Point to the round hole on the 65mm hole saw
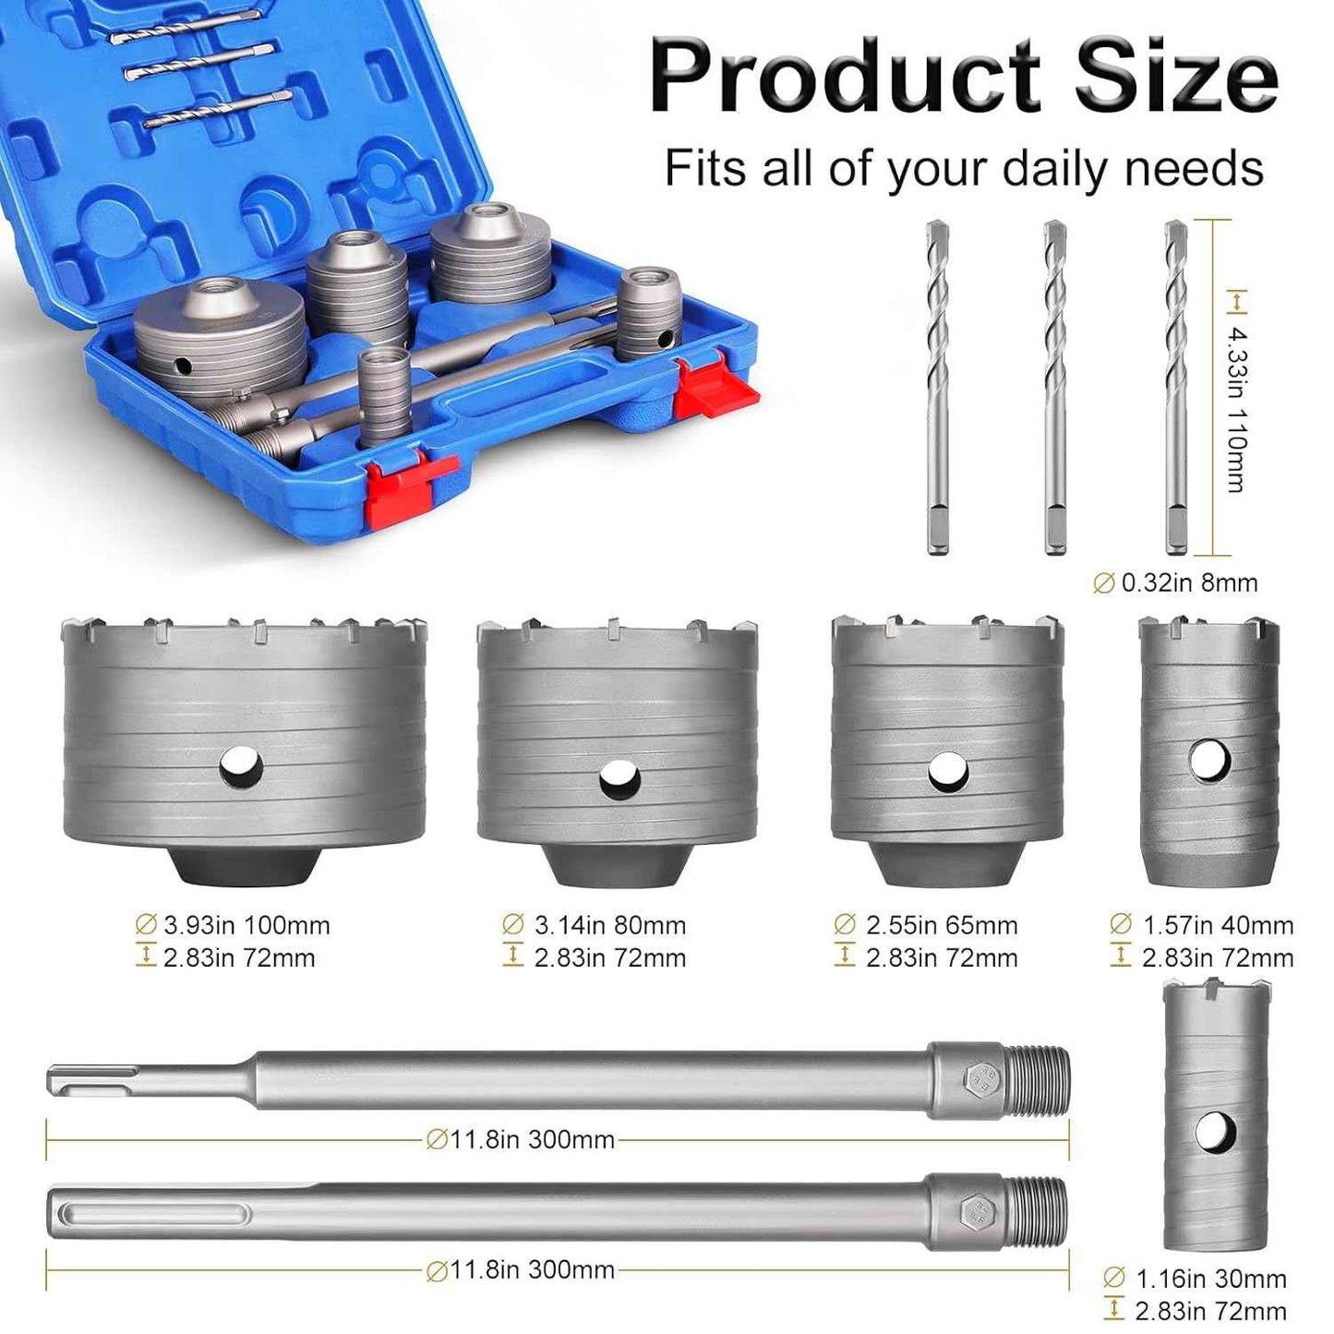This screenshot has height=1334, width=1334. tap(947, 772)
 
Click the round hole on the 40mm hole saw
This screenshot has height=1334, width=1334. tap(1210, 760)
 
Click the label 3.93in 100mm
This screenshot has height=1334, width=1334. tap(234, 926)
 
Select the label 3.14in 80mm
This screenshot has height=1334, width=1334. tap(594, 926)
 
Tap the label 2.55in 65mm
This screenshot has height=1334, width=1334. tap(926, 926)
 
